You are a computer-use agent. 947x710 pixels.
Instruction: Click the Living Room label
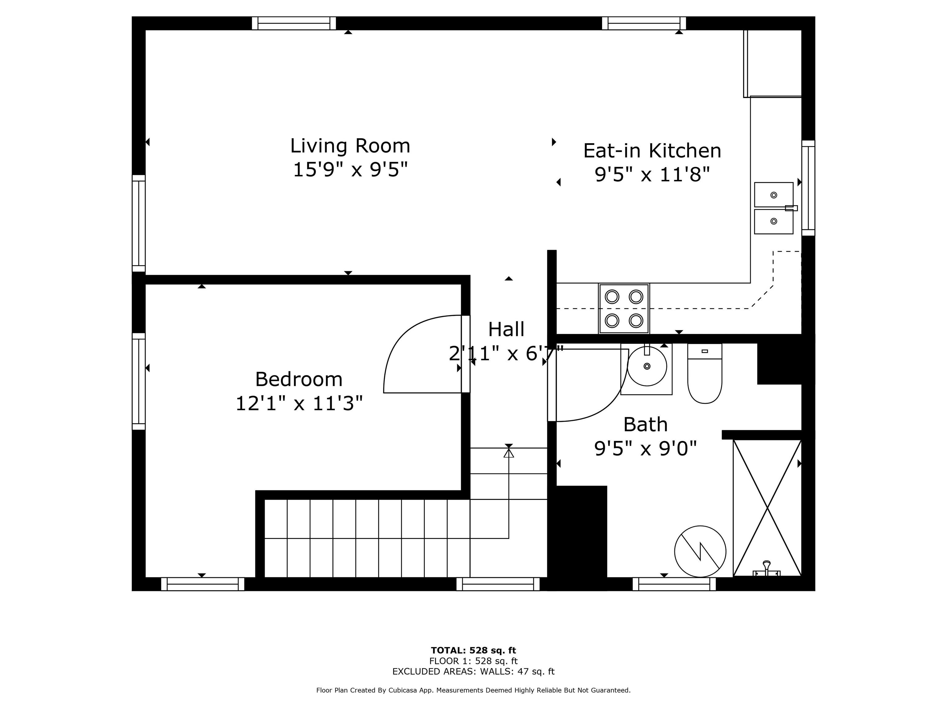350,146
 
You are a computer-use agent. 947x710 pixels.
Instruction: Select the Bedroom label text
299,379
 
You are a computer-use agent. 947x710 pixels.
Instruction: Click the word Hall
506,329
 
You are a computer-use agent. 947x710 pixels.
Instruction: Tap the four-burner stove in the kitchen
624,308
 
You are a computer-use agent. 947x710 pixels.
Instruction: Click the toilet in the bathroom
705,373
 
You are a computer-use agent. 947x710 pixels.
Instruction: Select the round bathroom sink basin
647,366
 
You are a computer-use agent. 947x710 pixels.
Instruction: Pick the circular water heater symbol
700,552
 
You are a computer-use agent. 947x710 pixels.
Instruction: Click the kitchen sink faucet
791,208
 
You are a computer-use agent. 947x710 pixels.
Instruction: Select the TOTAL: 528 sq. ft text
473,651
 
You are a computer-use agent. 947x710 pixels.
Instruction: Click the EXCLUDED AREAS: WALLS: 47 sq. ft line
473,671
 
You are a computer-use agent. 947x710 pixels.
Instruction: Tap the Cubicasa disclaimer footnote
473,690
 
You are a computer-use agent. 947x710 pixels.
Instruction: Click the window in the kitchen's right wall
808,188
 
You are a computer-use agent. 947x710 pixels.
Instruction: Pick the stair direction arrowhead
509,453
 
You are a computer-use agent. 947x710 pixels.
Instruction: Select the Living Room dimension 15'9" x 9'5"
350,170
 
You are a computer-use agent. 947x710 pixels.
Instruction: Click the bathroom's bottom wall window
674,584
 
